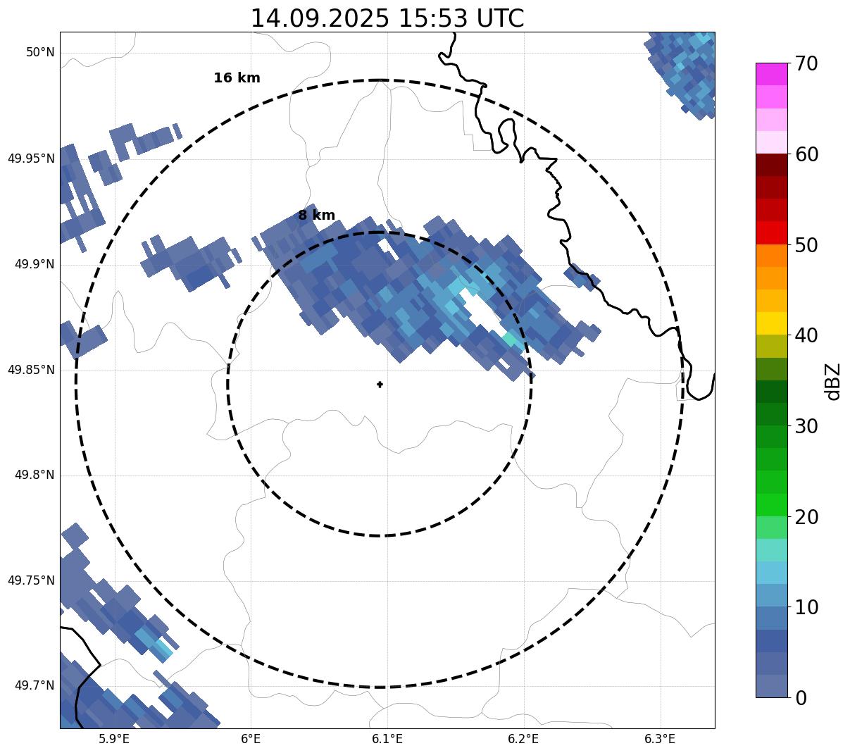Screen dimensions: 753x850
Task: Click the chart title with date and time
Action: pyautogui.click(x=387, y=18)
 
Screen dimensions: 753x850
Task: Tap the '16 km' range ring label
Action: pyautogui.click(x=237, y=78)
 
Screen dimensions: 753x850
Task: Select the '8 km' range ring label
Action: pyautogui.click(x=316, y=216)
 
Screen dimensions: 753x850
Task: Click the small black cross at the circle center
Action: pyautogui.click(x=380, y=384)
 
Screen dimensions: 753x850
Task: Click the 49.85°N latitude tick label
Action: pyautogui.click(x=31, y=370)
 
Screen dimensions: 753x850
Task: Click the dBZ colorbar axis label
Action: pyautogui.click(x=834, y=381)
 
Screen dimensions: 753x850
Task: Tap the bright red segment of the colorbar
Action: pyautogui.click(x=771, y=232)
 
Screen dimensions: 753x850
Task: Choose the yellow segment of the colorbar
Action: pyautogui.click(x=771, y=323)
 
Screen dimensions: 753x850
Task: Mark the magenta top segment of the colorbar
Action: pyautogui.click(x=771, y=74)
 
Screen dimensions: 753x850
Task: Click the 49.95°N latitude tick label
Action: pyautogui.click(x=31, y=158)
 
